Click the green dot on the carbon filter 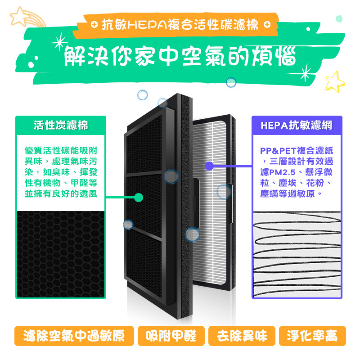tap(139, 197)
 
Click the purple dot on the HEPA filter tap(208, 166)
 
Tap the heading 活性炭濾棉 tap(61, 125)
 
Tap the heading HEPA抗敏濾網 tap(297, 125)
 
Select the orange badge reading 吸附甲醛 tap(171, 336)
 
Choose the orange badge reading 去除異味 tap(242, 336)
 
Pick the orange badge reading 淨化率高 tap(312, 336)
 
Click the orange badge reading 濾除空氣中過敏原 tap(74, 336)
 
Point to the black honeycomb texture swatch tap(61, 254)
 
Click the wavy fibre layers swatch tap(297, 254)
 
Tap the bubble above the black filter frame tap(142, 95)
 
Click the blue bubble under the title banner tap(231, 82)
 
